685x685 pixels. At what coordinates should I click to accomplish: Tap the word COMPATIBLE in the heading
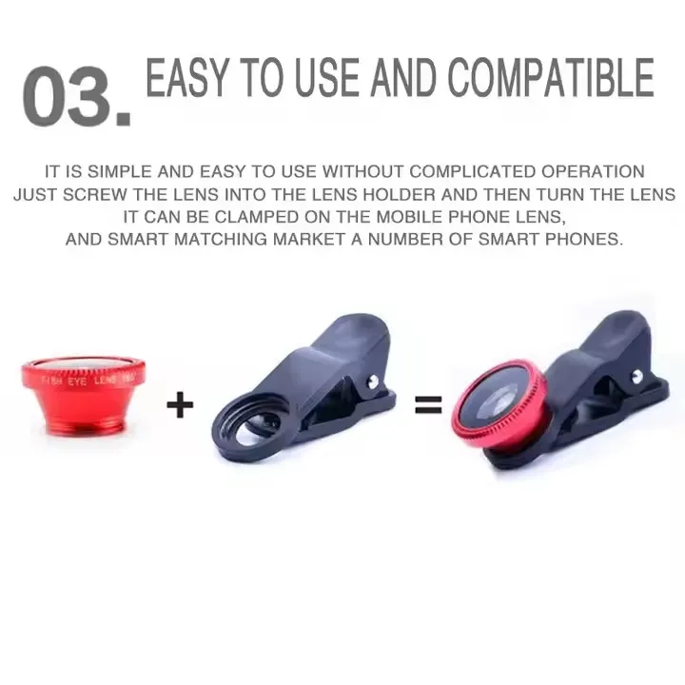click(x=551, y=78)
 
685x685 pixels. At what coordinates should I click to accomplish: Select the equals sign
click(x=428, y=406)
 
